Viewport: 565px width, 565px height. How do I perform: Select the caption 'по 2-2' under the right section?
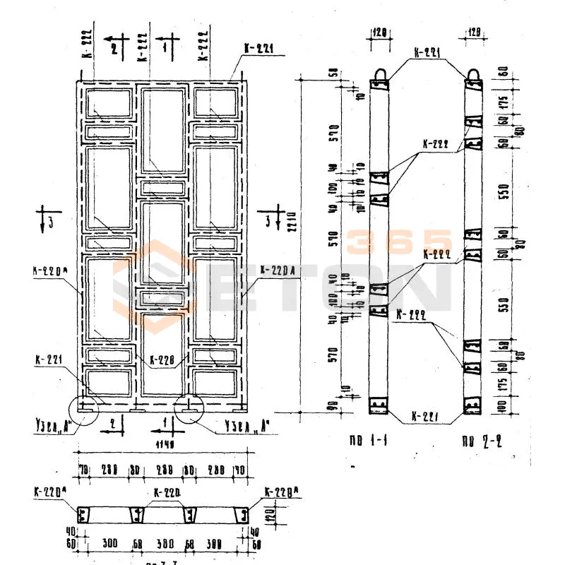[x=478, y=444]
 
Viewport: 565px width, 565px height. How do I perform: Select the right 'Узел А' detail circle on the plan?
[x=189, y=408]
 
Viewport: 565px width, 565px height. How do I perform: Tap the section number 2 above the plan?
[x=113, y=47]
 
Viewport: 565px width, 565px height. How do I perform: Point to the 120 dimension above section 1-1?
[x=381, y=32]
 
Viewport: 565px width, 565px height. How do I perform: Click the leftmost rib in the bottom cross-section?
[x=85, y=515]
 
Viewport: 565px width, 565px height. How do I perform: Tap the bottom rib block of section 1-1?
[x=379, y=405]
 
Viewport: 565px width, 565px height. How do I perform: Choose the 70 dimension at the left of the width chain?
[x=83, y=468]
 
